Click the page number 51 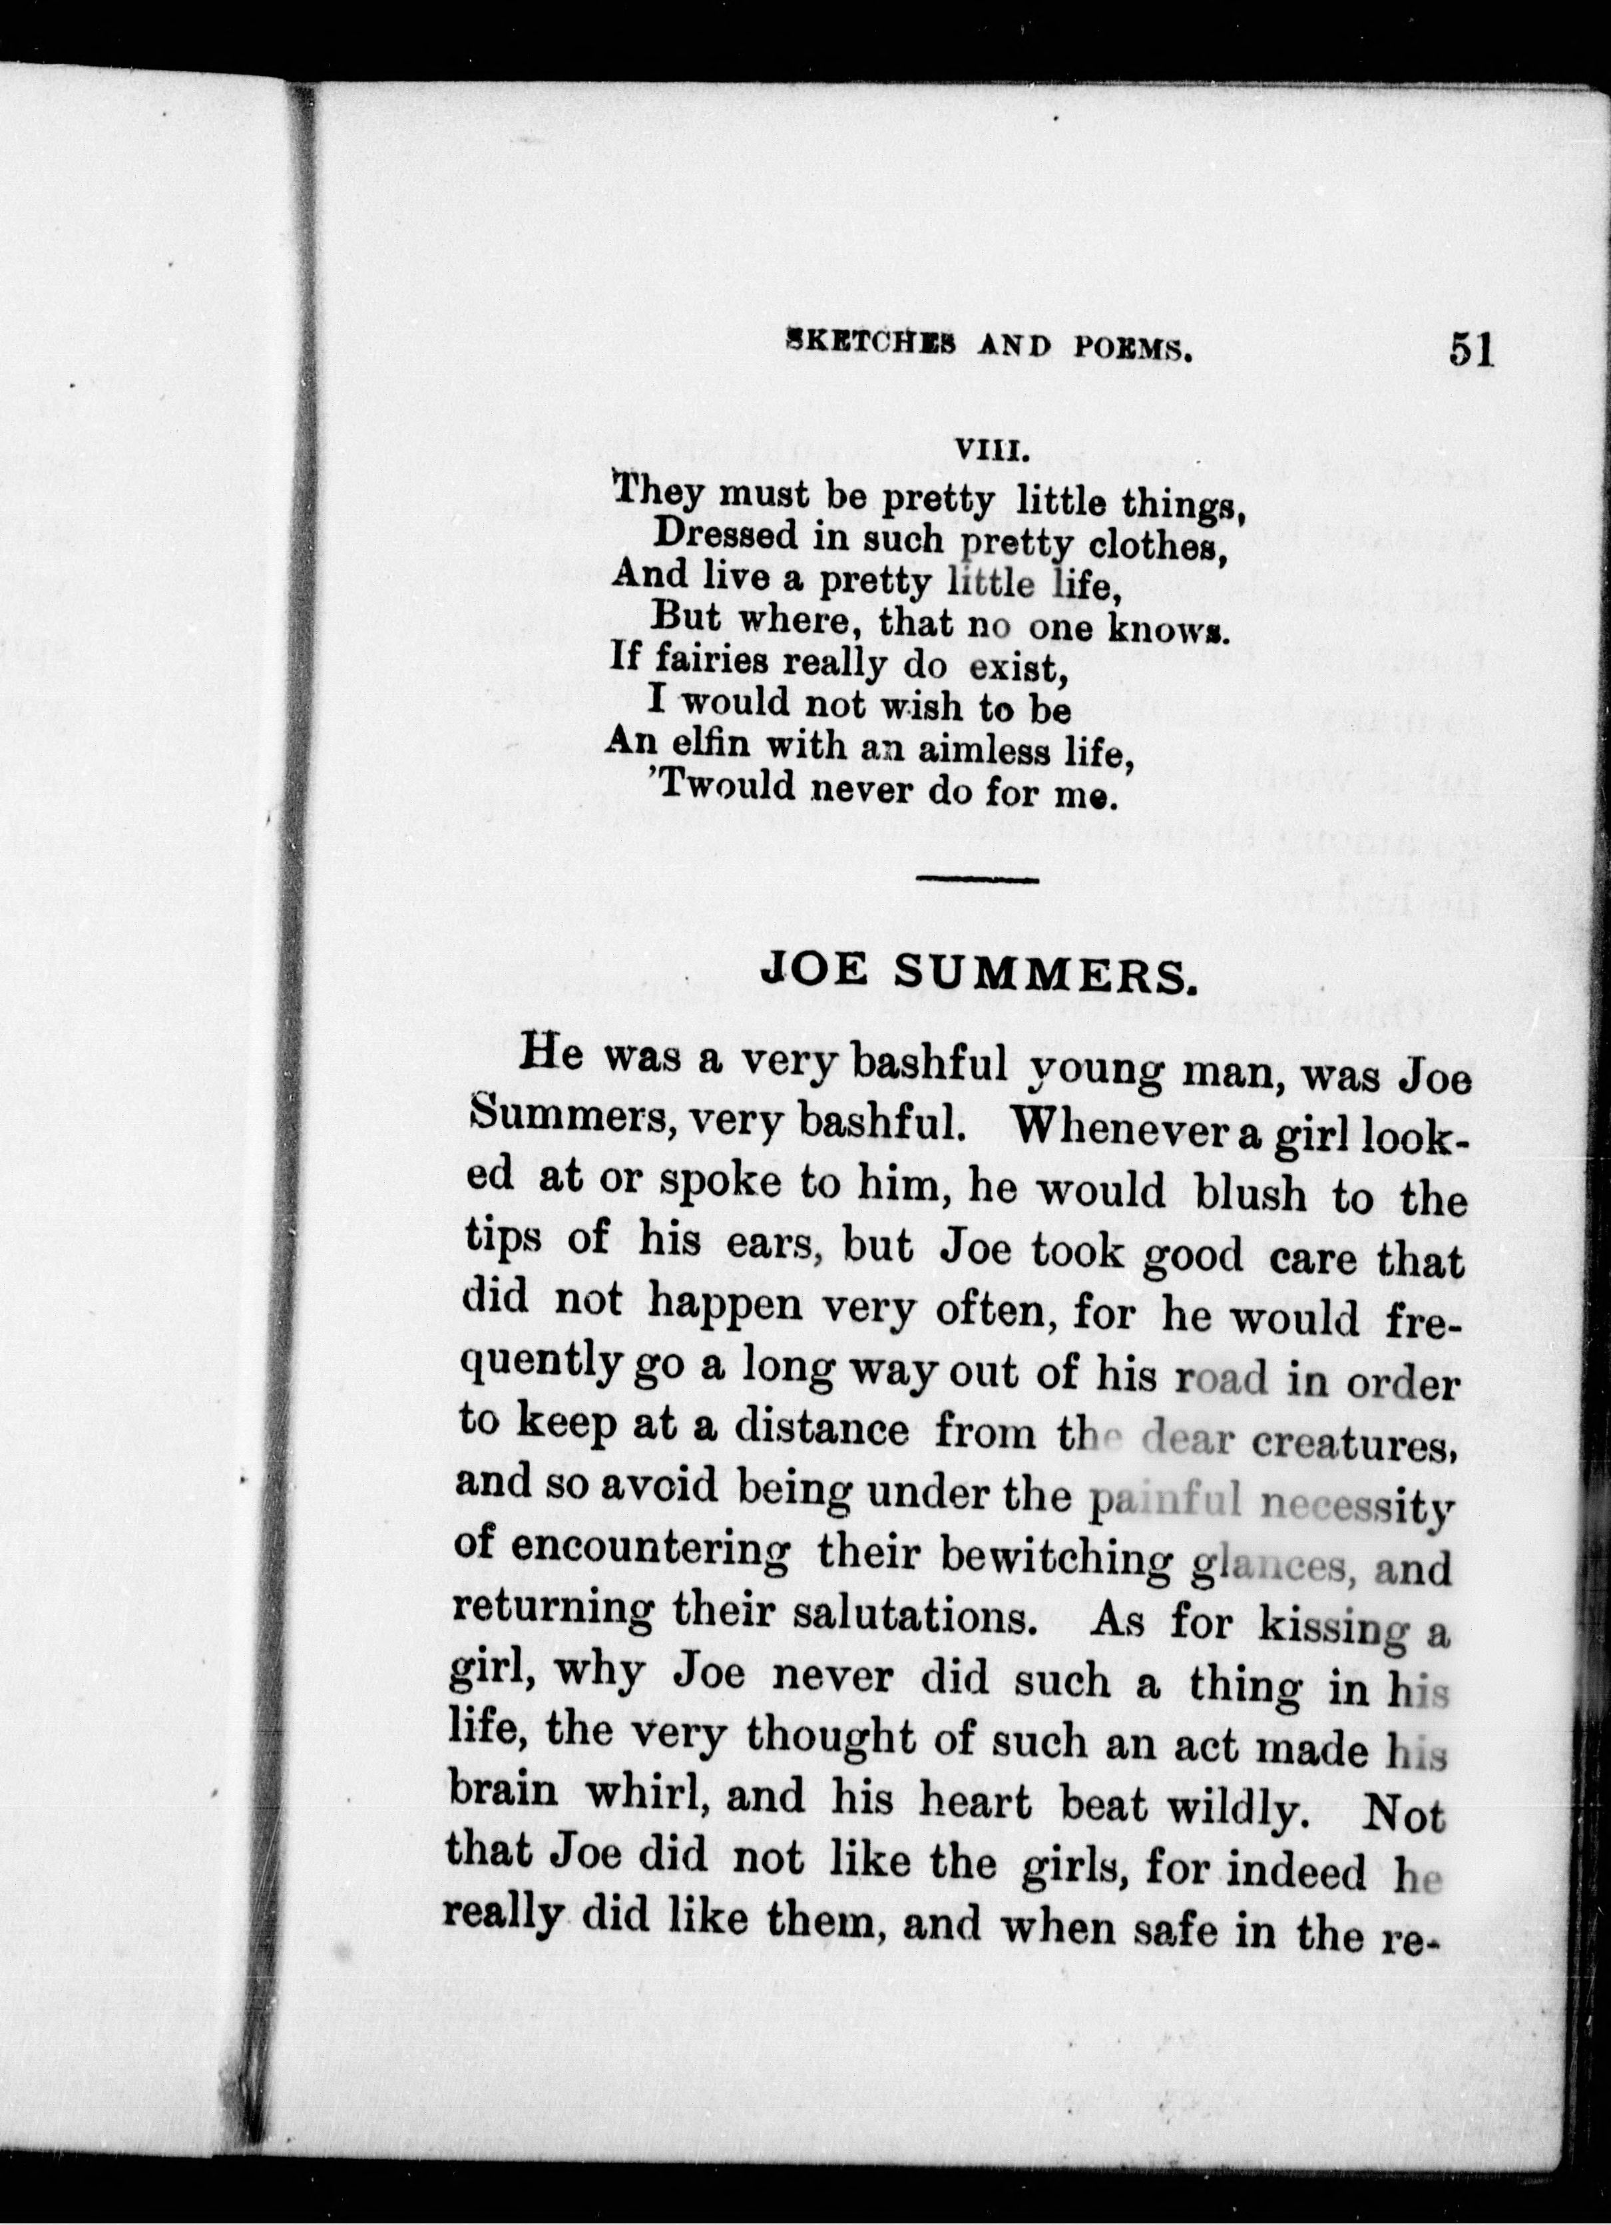click(x=1470, y=350)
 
